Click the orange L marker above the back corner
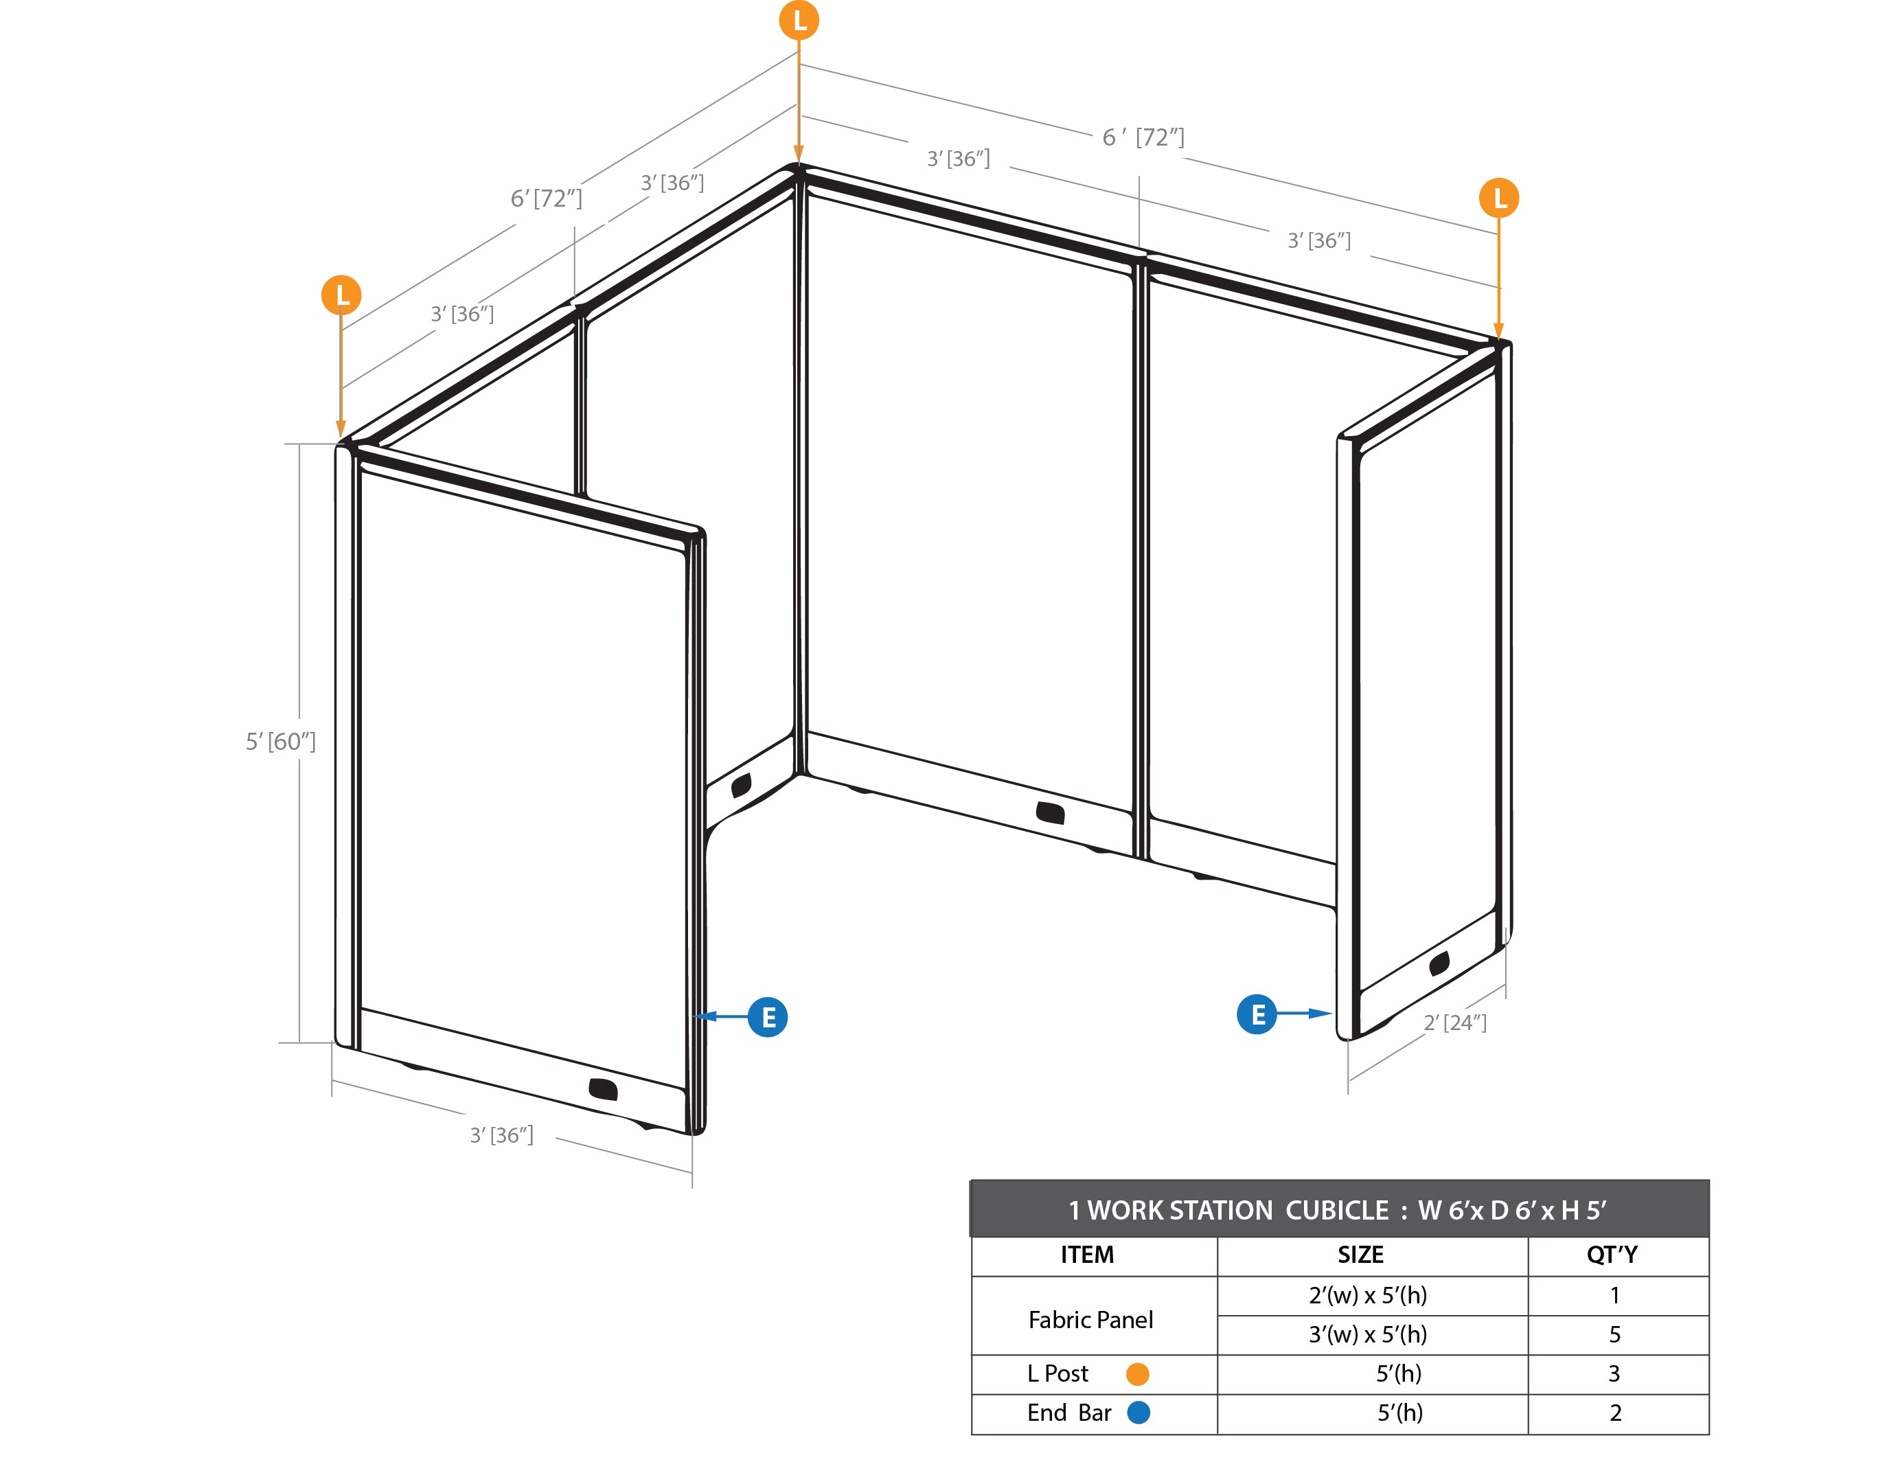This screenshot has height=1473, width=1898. (x=799, y=20)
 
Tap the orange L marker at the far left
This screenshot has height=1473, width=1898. (x=341, y=295)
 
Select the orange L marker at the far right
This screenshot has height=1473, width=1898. (x=1499, y=198)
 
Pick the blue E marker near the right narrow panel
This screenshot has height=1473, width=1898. (x=1257, y=1014)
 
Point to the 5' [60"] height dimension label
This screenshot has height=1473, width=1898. (x=281, y=741)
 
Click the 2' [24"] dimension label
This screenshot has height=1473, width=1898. (x=1455, y=1022)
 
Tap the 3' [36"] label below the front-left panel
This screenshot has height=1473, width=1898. (x=501, y=1135)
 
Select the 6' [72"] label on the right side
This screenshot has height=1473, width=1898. (x=1143, y=137)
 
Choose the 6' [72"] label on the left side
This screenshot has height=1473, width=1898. (x=547, y=198)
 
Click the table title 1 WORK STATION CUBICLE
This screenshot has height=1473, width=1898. (x=1229, y=1211)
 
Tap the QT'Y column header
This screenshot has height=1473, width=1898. (x=1612, y=1255)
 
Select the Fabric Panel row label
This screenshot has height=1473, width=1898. (x=1090, y=1320)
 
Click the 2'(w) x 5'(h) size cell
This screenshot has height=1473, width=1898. (x=1368, y=1296)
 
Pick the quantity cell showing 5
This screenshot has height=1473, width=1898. (x=1614, y=1335)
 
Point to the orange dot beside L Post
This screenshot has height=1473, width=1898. (x=1138, y=1374)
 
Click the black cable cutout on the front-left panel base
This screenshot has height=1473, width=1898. (x=603, y=1089)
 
